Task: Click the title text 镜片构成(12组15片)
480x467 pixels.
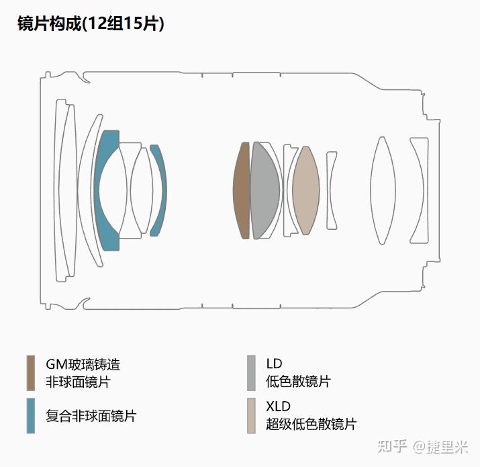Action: [x=91, y=24]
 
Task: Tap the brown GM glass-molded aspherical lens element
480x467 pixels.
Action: [x=241, y=190]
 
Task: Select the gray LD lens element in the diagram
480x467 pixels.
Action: [x=265, y=190]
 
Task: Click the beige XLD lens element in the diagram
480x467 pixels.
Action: [x=305, y=190]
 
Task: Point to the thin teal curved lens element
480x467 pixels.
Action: [x=158, y=190]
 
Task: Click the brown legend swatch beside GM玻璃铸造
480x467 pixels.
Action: [x=30, y=373]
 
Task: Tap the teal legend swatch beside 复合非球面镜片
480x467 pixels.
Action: [x=30, y=415]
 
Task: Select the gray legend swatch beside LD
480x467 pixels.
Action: [x=251, y=373]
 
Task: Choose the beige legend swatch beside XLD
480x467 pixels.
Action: [x=251, y=415]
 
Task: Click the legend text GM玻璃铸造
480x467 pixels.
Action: [x=83, y=364]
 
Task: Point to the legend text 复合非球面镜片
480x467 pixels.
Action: [x=91, y=416]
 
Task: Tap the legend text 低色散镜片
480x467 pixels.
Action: [x=298, y=382]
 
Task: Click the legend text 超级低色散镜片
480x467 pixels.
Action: [x=311, y=424]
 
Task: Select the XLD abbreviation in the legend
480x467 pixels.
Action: [x=278, y=407]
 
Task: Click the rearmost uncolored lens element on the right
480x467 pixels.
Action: [x=420, y=190]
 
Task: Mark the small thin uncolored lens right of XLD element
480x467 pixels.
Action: [x=332, y=190]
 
